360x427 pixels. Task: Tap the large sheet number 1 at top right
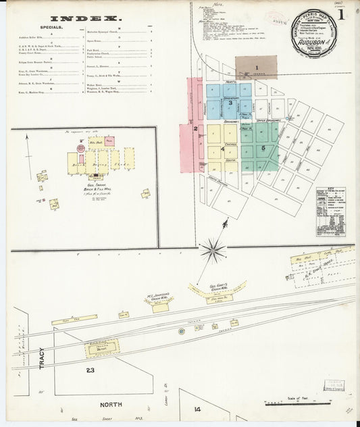343,14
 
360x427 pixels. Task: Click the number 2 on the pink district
195,128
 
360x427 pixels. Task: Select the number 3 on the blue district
230,103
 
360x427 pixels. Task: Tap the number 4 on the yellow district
223,149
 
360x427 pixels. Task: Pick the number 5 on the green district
263,147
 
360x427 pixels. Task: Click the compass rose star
213,251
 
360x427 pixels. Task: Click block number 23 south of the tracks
90,370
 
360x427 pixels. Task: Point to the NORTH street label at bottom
113,405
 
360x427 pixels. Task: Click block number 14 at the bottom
198,409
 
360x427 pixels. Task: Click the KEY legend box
330,211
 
